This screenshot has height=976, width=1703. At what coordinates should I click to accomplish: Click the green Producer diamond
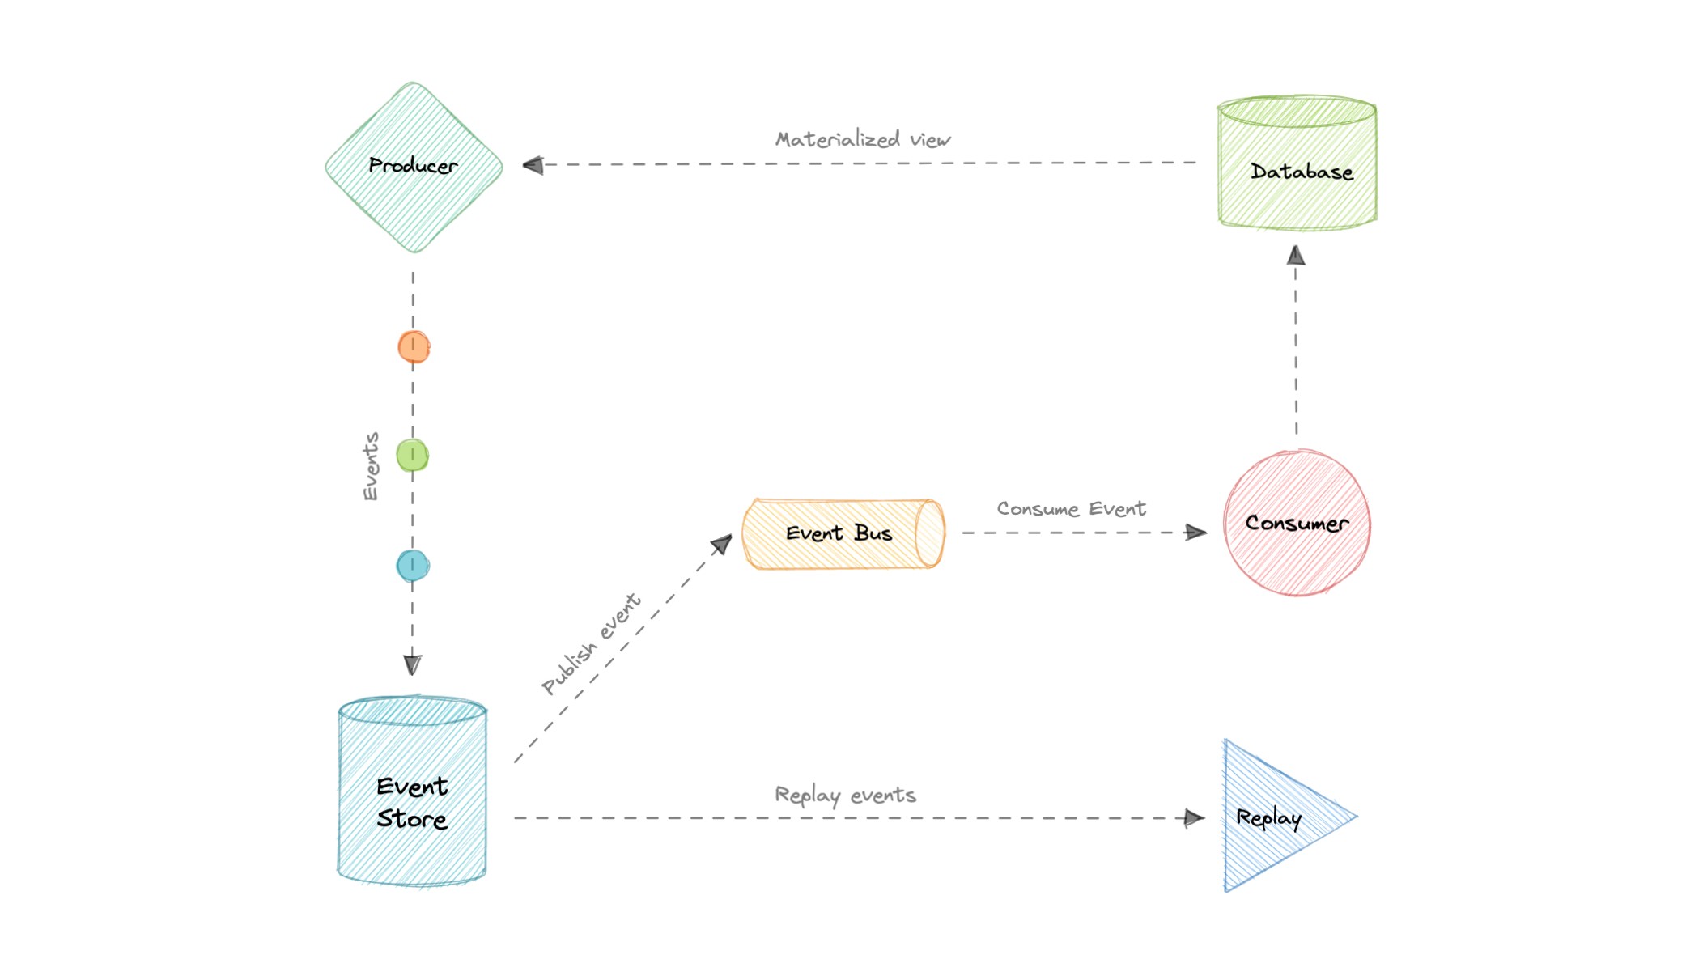414,168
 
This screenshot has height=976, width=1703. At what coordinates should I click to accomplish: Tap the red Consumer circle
1297,524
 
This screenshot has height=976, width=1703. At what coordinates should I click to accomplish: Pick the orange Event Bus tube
842,534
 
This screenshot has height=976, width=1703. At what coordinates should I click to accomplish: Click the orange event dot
414,347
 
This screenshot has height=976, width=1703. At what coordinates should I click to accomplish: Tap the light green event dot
412,456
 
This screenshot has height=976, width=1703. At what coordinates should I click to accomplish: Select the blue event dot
413,566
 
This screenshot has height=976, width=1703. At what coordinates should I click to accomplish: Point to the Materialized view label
863,140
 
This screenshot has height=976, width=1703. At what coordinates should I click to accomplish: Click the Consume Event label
1071,509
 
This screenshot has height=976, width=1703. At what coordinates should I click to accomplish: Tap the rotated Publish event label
591,644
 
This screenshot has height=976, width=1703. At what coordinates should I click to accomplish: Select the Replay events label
845,796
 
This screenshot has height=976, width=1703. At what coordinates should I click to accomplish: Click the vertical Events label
370,467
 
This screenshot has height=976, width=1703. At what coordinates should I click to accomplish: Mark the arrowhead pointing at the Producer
533,165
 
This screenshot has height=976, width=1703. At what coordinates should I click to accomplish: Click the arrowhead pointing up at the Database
1296,257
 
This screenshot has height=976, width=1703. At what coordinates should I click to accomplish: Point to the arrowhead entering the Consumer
1195,533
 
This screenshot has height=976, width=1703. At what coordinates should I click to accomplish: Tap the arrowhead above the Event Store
412,664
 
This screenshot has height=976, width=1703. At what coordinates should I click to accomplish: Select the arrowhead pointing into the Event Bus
721,545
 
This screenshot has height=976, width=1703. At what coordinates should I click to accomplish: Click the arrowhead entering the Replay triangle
1194,818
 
